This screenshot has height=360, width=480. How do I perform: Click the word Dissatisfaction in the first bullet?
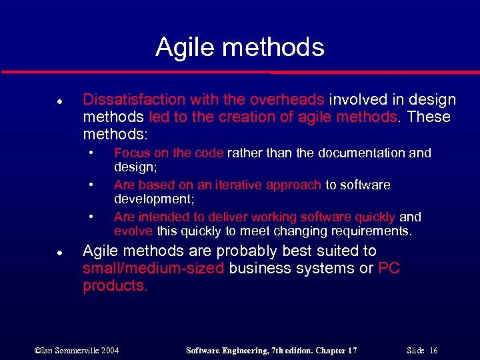(134, 100)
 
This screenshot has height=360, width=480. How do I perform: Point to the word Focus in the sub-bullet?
(132, 153)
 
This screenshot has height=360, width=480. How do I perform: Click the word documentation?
(359, 153)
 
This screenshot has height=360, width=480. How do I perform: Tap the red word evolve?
(133, 231)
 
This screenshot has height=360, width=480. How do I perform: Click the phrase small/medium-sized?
(155, 269)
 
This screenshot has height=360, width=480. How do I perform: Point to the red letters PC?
(389, 269)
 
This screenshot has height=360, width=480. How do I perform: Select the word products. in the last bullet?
(114, 286)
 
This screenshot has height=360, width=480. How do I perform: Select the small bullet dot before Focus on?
(91, 153)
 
